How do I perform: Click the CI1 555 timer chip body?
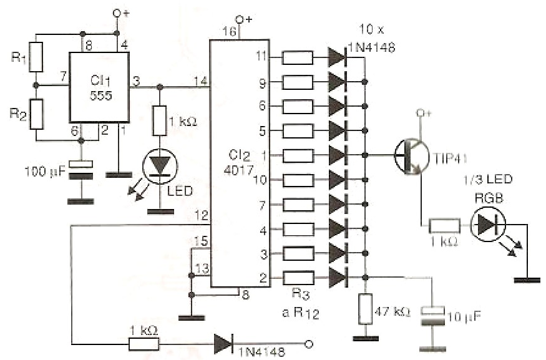pyautogui.click(x=99, y=87)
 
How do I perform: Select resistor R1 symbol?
pyautogui.click(x=36, y=57)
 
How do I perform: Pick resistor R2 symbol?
pyautogui.click(x=36, y=114)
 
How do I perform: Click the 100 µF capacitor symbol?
pyautogui.click(x=80, y=170)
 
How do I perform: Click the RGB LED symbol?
pyautogui.click(x=488, y=225)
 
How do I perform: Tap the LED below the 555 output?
pyautogui.click(x=160, y=166)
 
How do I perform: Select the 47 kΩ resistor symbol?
pyautogui.click(x=365, y=309)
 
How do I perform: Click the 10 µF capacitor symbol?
pyautogui.click(x=433, y=316)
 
